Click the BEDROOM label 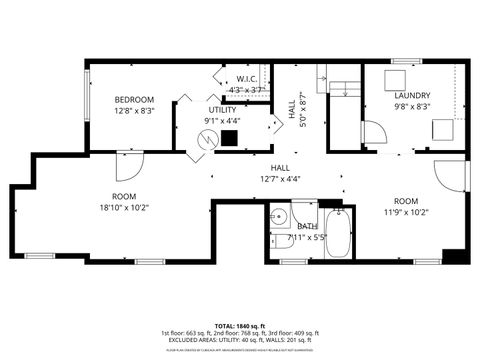(133, 99)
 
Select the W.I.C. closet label (246, 79)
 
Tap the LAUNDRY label (412, 95)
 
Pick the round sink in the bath (280, 215)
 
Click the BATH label (307, 226)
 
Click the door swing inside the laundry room (372, 133)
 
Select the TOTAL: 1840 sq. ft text (240, 326)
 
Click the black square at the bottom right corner (455, 255)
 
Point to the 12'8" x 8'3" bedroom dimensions (133, 111)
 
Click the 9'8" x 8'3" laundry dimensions (412, 106)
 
